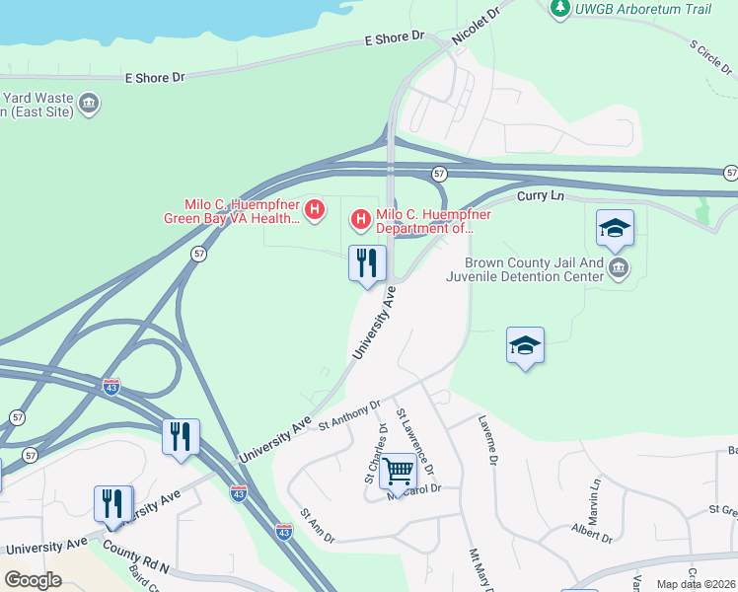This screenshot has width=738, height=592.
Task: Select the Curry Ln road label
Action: tap(542, 197)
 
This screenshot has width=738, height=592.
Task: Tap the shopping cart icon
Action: tap(398, 471)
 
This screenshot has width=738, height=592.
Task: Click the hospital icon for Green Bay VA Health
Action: tap(315, 208)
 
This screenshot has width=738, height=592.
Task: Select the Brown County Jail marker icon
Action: tap(619, 269)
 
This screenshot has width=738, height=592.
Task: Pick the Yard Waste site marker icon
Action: tap(89, 103)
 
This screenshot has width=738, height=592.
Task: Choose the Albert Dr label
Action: tap(592, 534)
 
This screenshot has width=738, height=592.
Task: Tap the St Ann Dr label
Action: tap(318, 526)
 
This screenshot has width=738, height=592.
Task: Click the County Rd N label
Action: tap(135, 562)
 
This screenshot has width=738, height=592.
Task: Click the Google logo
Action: tap(33, 579)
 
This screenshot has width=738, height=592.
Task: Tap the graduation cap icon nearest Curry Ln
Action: tap(615, 229)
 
